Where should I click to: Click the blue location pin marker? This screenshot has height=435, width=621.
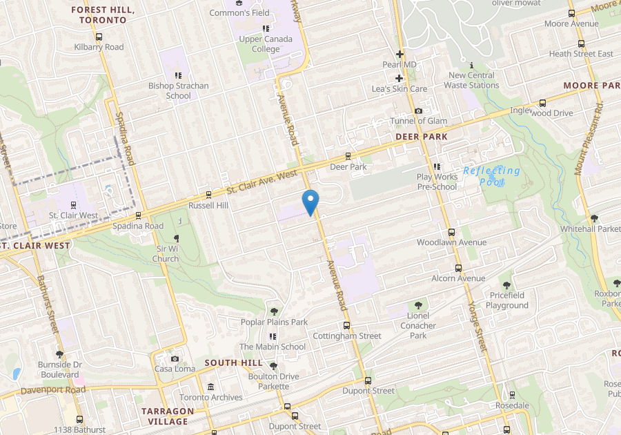tap(310, 201)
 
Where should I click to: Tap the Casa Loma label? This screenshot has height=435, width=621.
tap(172, 369)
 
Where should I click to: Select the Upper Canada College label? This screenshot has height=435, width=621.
tap(266, 44)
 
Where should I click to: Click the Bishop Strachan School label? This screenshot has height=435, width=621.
tap(178, 90)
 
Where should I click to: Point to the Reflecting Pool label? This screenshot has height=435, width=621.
tap(492, 175)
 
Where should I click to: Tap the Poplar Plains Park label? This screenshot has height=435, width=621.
tap(274, 322)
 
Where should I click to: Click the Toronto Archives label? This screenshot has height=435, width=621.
tap(211, 397)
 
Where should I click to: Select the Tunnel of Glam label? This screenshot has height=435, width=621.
tap(418, 121)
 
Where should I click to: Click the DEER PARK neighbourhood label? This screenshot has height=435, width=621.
tap(421, 137)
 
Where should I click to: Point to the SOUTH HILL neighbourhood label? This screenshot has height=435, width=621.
tap(233, 362)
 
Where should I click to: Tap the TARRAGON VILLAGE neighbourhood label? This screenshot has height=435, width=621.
tap(168, 416)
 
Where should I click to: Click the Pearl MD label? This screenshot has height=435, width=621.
tap(400, 64)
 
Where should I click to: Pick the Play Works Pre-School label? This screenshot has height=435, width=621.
tap(437, 182)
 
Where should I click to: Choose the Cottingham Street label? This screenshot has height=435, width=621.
tap(347, 336)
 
